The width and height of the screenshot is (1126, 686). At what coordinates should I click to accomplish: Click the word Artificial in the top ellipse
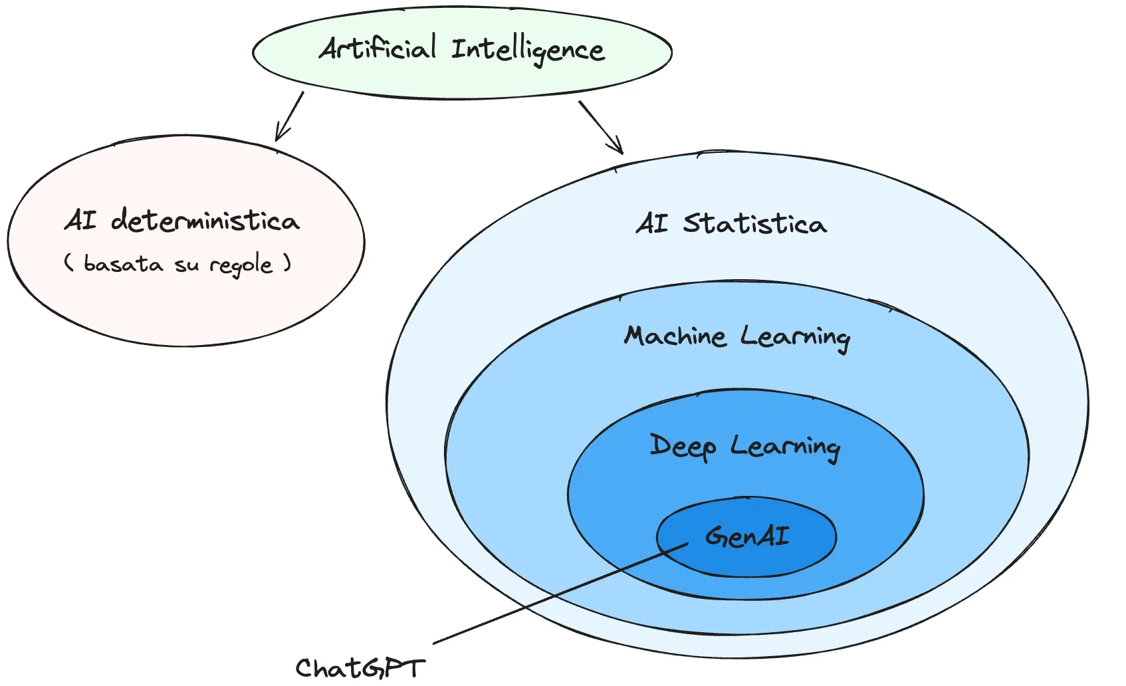click(378, 49)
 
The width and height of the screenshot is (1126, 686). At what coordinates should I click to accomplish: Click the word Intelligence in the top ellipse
click(528, 51)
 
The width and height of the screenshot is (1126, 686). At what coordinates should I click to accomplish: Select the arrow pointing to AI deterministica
click(289, 117)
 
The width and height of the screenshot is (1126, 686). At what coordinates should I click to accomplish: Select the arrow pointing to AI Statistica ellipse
click(600, 127)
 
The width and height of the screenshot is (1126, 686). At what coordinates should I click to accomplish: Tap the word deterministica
click(205, 220)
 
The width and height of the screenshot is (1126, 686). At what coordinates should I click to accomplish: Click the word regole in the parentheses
click(241, 265)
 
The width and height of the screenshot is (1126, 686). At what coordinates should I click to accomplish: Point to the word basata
click(123, 264)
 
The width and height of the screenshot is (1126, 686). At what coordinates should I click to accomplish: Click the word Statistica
click(754, 223)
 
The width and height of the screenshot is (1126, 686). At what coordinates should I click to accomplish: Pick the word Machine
click(675, 336)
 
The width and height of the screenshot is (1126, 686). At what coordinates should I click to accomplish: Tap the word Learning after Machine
click(795, 338)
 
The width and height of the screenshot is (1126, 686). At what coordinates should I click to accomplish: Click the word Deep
click(683, 446)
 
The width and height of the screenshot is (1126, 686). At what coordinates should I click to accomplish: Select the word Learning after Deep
click(785, 447)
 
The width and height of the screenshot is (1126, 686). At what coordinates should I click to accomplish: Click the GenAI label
click(747, 536)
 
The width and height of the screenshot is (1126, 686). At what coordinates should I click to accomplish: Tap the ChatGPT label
click(360, 668)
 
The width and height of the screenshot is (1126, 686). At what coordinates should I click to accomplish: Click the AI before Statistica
click(651, 223)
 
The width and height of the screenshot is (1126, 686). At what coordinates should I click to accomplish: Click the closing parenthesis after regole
click(287, 263)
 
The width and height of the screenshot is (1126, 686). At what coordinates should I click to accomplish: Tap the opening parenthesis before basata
click(68, 263)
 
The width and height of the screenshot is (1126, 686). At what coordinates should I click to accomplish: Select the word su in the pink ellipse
click(186, 265)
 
